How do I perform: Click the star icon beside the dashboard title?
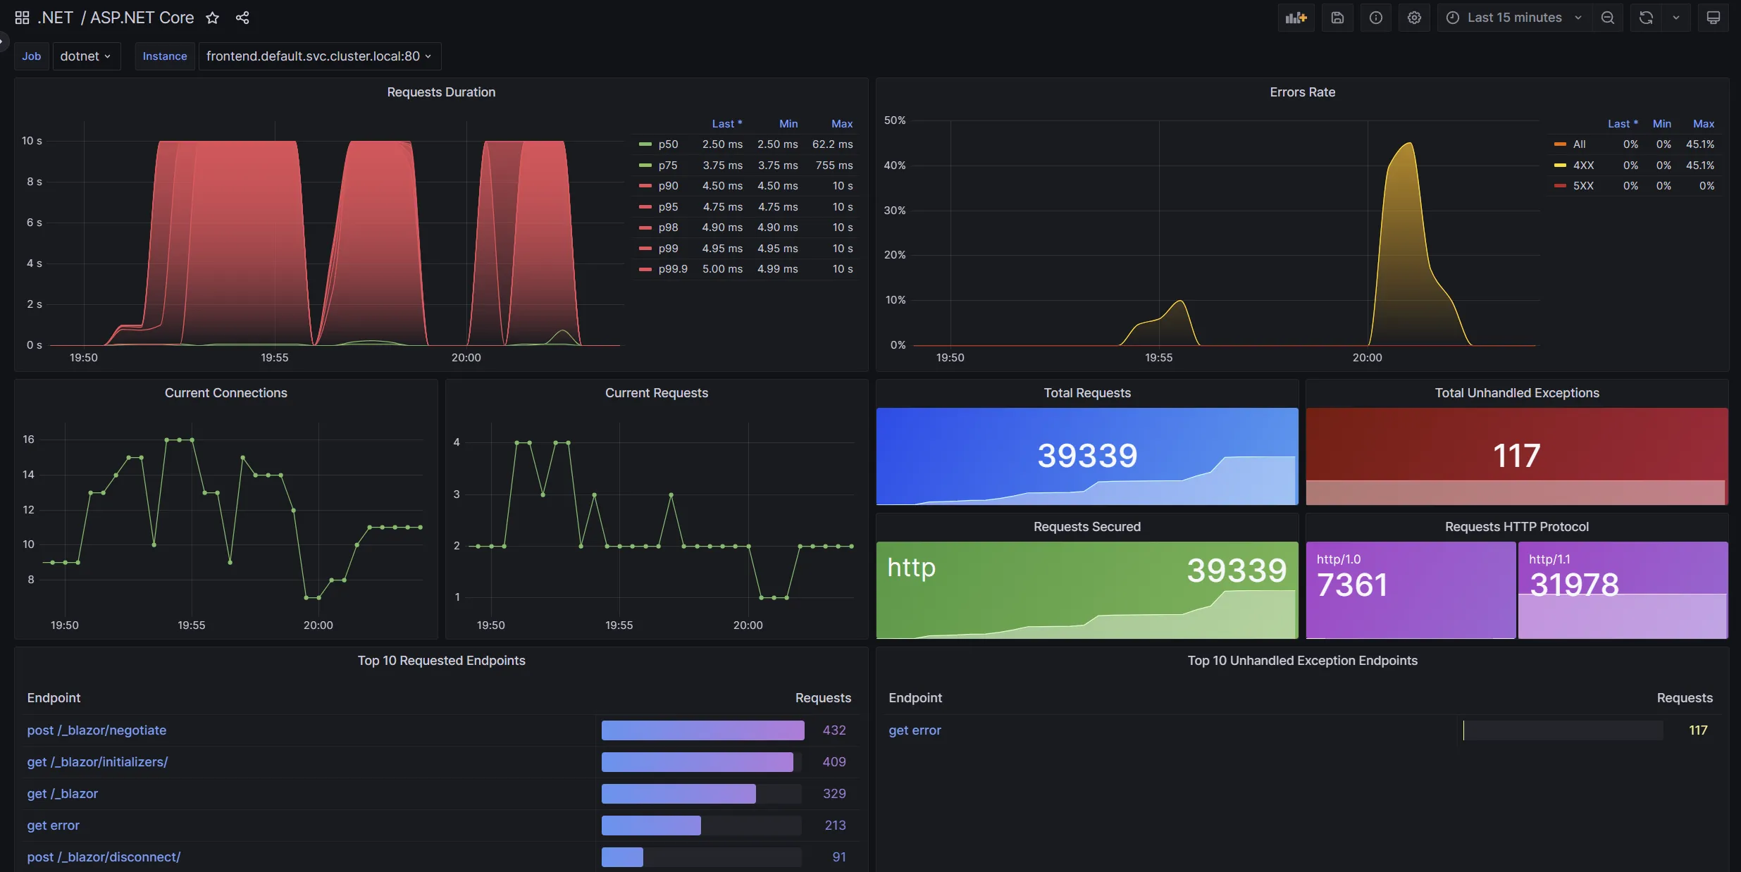click(212, 18)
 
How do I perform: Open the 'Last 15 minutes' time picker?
click(1513, 18)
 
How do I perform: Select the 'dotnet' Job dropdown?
click(85, 56)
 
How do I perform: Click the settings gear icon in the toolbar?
click(1413, 18)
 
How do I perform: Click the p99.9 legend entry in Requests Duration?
click(672, 269)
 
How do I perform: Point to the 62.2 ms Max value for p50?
click(832, 144)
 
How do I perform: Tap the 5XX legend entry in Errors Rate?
click(1582, 186)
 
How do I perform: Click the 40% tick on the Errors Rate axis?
click(894, 166)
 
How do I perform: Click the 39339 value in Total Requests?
click(1087, 456)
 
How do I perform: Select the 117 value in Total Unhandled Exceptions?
click(1516, 456)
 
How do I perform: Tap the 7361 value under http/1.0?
click(1352, 585)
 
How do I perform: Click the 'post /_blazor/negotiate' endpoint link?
click(97, 730)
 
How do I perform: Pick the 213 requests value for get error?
click(835, 826)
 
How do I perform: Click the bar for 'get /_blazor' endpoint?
click(678, 794)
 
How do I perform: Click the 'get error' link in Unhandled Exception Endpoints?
click(915, 730)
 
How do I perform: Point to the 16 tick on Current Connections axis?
click(28, 440)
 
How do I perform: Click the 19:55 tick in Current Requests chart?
click(619, 625)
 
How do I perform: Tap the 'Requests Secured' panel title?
click(1086, 527)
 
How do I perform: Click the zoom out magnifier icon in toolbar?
click(1607, 18)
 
